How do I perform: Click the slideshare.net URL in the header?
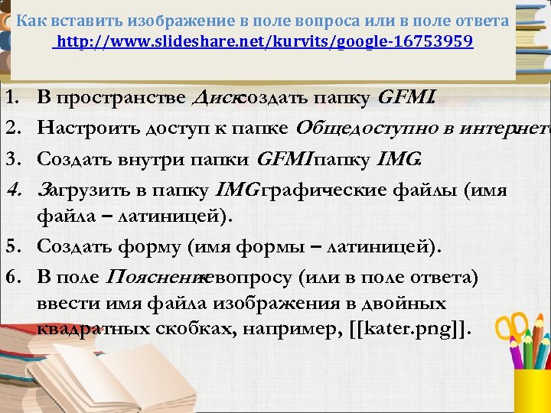pos(265,41)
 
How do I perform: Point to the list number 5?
pos(11,247)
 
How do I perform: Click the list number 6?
pos(11,275)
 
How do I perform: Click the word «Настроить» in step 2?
pos(83,128)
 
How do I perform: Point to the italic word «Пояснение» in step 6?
pos(163,275)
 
